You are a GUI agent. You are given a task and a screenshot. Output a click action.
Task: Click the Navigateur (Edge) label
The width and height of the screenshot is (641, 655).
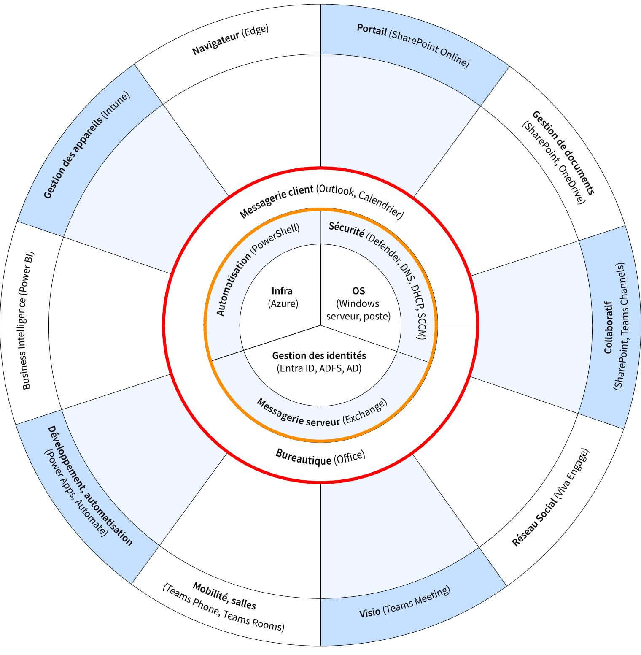(x=230, y=40)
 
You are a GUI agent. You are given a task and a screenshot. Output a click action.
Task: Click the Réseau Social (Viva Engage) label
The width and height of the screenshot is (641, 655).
(x=550, y=498)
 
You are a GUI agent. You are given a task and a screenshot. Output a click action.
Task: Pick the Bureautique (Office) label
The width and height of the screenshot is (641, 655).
(x=320, y=457)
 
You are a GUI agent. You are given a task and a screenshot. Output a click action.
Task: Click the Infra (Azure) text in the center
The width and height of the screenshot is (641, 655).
(x=282, y=297)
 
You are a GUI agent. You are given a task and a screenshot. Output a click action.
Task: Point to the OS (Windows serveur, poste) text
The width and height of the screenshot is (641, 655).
(x=358, y=303)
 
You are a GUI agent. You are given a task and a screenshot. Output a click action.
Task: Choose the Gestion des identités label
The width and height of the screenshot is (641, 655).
(x=319, y=362)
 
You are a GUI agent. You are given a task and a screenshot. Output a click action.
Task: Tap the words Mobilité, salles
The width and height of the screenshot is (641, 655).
(x=224, y=595)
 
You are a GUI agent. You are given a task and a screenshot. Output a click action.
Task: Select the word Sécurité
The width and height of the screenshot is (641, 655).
(x=346, y=230)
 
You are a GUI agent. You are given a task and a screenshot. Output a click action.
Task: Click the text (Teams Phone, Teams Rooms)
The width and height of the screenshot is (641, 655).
(x=224, y=608)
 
